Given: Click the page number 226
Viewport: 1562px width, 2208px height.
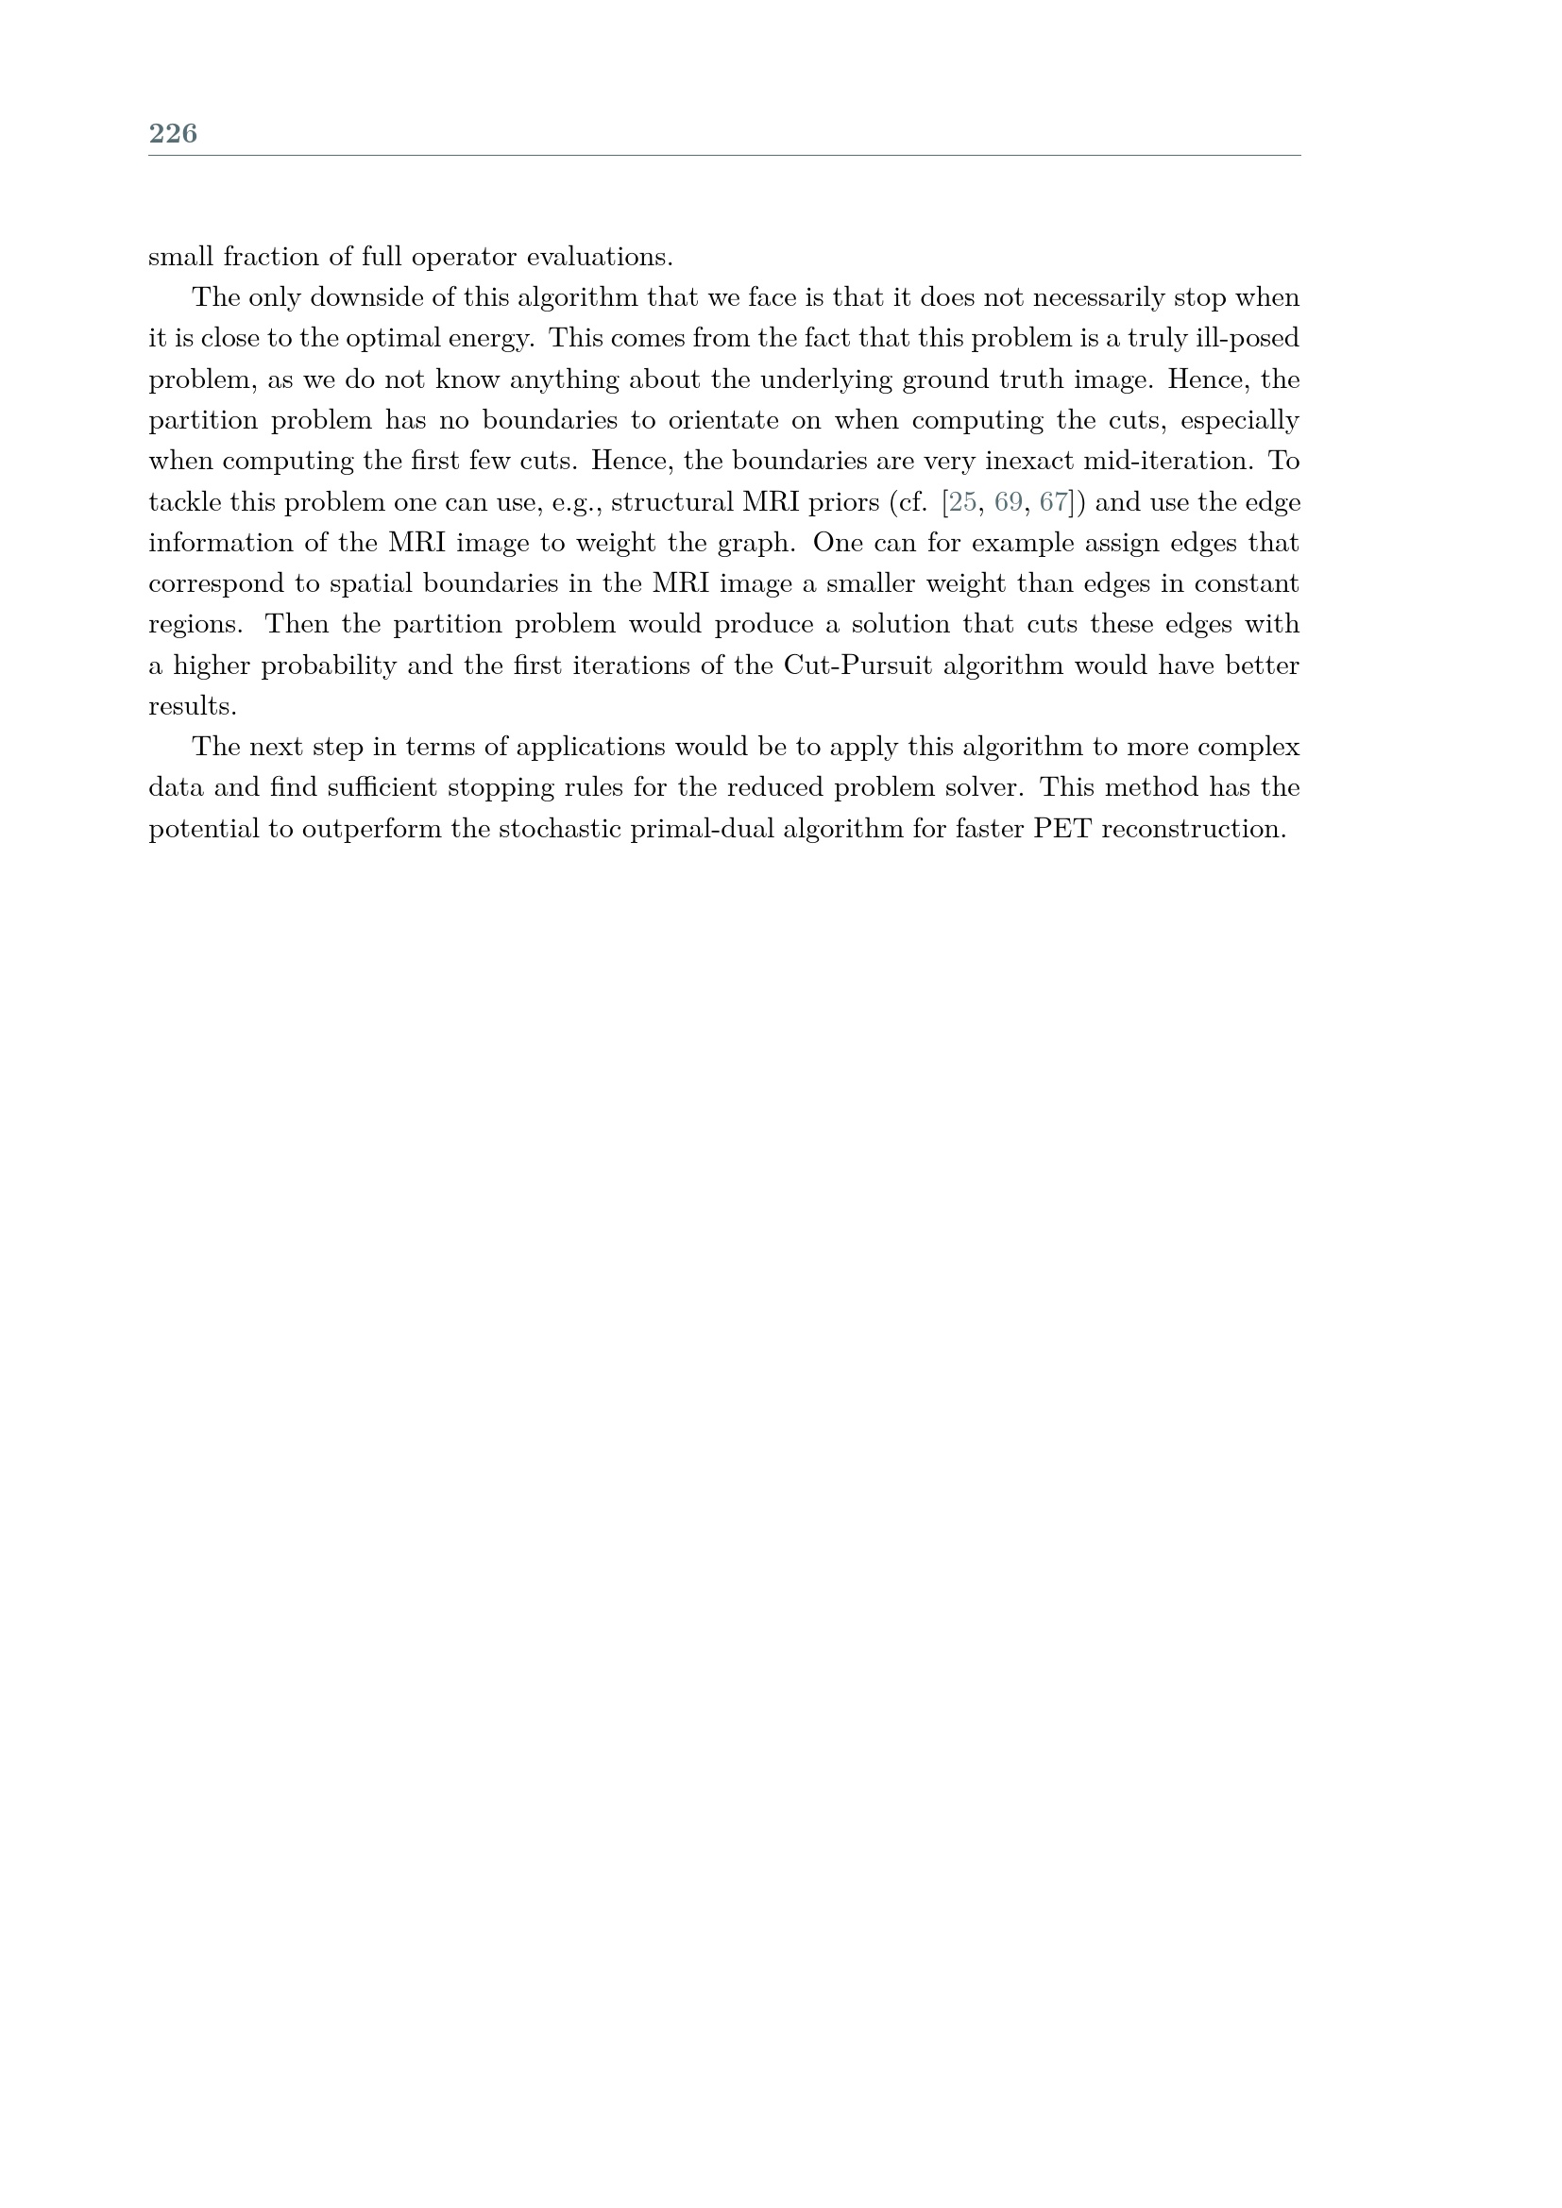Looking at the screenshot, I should pos(173,134).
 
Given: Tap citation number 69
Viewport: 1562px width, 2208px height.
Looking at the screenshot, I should pos(1008,502).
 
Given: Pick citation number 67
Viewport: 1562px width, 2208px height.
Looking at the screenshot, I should pos(1054,502).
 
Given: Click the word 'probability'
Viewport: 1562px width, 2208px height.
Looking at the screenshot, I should pos(328,666).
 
